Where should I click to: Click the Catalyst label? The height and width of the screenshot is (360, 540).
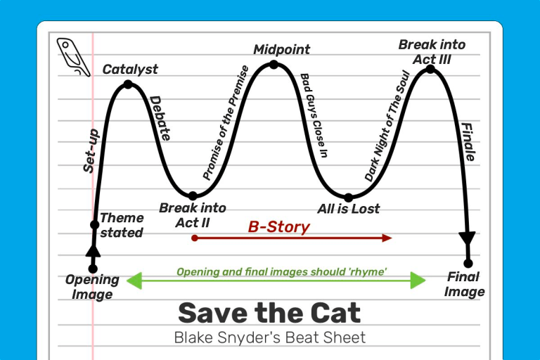[x=130, y=69]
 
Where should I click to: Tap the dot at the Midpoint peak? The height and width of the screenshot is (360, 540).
[x=274, y=65]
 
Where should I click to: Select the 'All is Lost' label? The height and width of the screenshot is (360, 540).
[x=348, y=209]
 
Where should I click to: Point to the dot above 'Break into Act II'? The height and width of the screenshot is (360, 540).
[x=193, y=195]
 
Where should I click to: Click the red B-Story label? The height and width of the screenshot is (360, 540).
[x=278, y=227]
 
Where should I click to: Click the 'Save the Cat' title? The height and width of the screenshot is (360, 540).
[x=269, y=312]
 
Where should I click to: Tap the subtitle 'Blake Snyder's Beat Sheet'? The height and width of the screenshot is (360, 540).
[x=269, y=337]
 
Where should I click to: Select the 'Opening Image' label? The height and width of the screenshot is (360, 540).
[x=92, y=287]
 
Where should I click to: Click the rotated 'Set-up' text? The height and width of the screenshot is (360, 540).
[x=91, y=150]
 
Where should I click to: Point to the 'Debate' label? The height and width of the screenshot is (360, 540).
[x=160, y=118]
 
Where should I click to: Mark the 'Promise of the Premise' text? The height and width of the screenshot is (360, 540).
[x=226, y=122]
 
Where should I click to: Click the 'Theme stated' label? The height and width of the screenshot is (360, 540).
[x=122, y=225]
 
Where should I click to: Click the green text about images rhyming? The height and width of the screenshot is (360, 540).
[x=282, y=271]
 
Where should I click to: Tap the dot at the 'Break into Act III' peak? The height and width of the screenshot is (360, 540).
[x=430, y=69]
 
